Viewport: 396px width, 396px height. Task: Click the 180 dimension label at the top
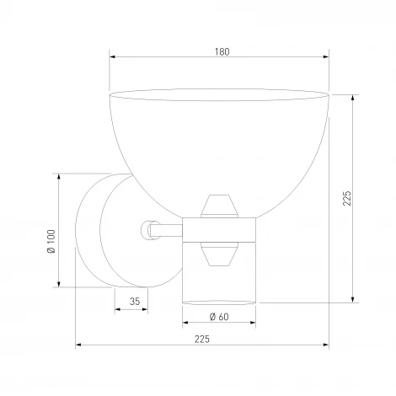tap(222, 52)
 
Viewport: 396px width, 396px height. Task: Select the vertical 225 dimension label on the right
tap(347, 198)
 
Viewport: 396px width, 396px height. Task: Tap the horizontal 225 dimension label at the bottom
tap(202, 340)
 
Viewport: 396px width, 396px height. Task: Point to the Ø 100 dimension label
tap(51, 242)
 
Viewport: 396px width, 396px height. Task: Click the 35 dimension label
tap(135, 302)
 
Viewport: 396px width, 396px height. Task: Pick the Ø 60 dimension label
tap(219, 317)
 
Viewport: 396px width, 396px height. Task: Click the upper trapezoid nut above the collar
tap(219, 206)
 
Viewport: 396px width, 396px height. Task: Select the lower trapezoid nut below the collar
tap(219, 254)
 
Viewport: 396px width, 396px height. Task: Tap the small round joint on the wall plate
tap(147, 230)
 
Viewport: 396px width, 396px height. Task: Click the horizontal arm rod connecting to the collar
tap(166, 230)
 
